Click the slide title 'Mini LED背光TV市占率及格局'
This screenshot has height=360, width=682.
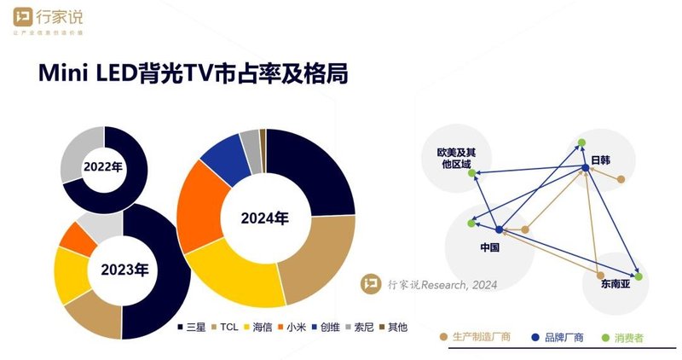(x=193, y=74)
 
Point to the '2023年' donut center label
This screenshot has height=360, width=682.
(x=124, y=271)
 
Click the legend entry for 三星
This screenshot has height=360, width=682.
(x=192, y=327)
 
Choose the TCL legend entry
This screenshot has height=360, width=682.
(x=224, y=327)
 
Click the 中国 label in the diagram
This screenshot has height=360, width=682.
(x=489, y=247)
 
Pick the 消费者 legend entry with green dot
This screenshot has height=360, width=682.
(x=620, y=338)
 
